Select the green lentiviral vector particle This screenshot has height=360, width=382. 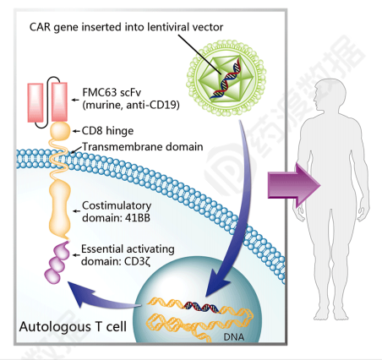[226, 79]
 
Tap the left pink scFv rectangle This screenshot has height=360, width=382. [35, 102]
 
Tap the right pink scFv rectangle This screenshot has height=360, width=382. [59, 102]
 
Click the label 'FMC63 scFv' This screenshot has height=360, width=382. [112, 92]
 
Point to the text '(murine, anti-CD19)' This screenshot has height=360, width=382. [131, 105]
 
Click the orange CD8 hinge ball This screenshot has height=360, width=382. [60, 131]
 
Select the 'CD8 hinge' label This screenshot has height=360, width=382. [107, 131]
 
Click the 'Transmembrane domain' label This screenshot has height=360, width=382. [143, 147]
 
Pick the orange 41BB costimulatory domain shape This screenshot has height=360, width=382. [59, 209]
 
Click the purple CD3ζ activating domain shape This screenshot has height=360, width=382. [57, 263]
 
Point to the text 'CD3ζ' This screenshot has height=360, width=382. [137, 262]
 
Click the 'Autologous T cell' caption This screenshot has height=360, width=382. [73, 327]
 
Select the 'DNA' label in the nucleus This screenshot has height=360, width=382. [234, 336]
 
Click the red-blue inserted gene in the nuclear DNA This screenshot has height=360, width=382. [202, 307]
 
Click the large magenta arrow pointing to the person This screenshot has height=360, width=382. [294, 186]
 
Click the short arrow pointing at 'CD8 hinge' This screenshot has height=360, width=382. [76, 131]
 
